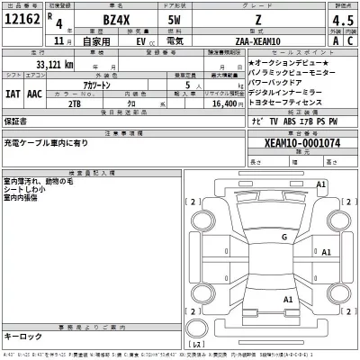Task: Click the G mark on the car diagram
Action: click(283, 237)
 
